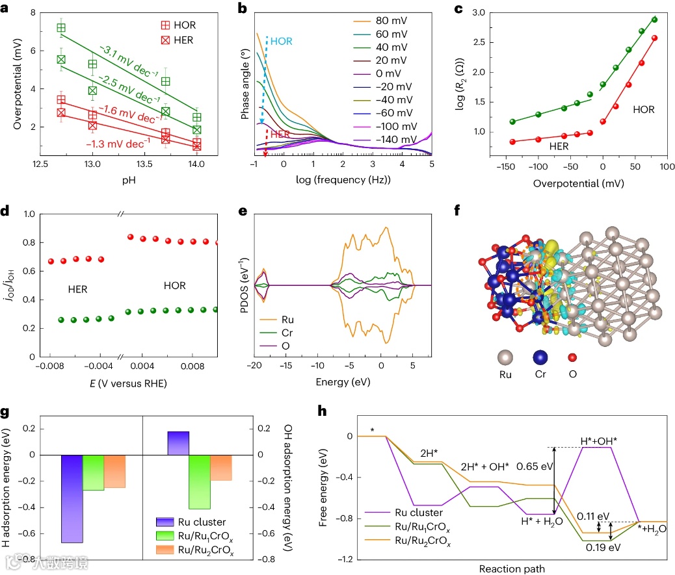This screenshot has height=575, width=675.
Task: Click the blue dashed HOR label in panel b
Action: pos(281,40)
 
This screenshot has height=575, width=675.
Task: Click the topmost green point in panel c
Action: pos(654,19)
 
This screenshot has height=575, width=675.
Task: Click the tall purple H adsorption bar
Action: pos(72,498)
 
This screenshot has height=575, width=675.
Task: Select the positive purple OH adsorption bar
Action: pos(178,443)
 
